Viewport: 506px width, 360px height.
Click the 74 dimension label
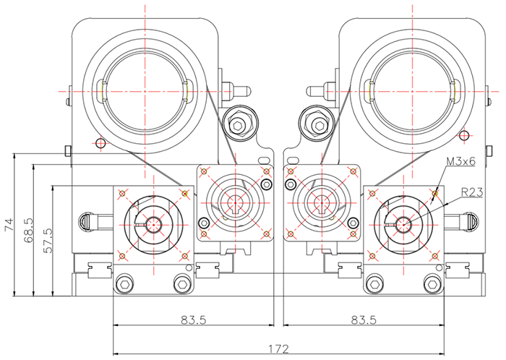9,225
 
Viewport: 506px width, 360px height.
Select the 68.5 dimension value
29,230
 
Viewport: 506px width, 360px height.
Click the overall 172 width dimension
278,348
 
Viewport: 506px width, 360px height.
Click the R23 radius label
472,192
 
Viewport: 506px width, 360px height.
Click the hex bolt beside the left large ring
237,125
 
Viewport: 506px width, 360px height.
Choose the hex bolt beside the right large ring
319,125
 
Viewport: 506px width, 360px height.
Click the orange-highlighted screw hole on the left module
186,193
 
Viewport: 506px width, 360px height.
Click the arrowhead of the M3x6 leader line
434,194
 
